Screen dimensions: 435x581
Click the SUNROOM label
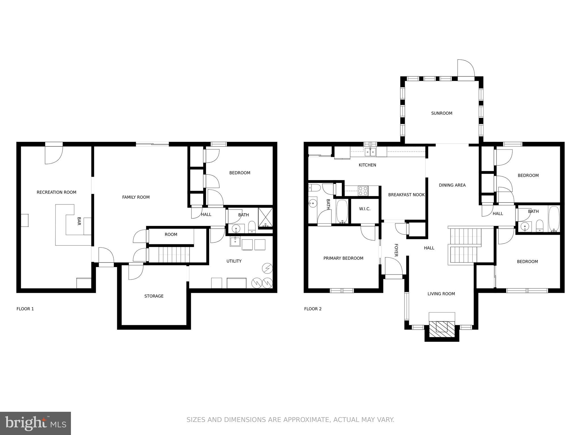tap(441, 113)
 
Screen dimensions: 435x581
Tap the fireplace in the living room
tap(441, 329)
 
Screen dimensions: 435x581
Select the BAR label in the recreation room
tap(79, 221)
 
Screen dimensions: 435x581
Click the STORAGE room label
tap(154, 296)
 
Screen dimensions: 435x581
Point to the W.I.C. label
tap(365, 209)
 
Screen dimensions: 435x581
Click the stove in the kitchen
tap(363, 191)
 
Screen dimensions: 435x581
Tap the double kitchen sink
tap(370, 152)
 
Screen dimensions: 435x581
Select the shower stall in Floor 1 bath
tap(265, 217)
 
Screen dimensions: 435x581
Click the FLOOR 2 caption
tap(313, 309)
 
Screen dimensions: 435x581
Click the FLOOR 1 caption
tap(25, 309)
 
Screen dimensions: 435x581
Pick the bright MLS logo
tap(35, 423)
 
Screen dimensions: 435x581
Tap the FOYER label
tap(396, 250)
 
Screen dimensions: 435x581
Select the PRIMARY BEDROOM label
tap(343, 258)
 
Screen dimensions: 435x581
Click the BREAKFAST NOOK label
tap(406, 195)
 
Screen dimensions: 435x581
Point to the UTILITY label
tap(234, 261)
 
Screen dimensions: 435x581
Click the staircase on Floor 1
tap(174, 254)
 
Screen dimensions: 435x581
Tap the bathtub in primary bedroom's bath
tap(342, 211)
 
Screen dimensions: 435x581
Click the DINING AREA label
tap(452, 185)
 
